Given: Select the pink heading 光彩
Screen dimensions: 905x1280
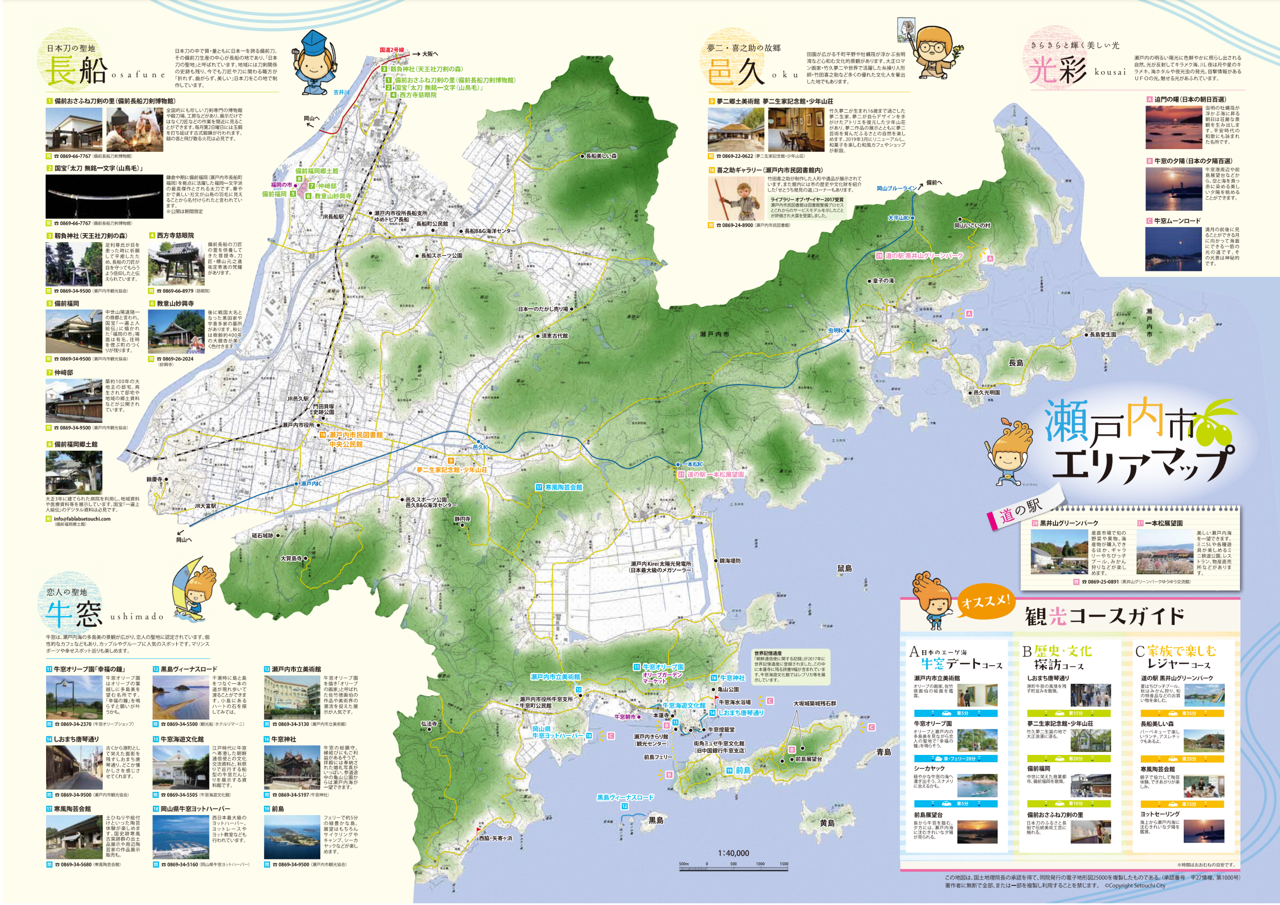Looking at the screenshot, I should [1056, 71].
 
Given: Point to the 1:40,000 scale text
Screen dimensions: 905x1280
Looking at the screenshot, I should [733, 853].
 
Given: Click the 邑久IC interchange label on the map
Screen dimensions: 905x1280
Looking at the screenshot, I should [480, 447].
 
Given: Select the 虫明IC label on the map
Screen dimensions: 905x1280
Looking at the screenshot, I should [836, 330].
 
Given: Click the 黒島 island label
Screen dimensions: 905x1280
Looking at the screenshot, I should [656, 820].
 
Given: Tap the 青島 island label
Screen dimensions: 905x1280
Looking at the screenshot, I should [883, 752].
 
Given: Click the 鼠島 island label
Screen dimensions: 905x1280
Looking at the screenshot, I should [844, 568].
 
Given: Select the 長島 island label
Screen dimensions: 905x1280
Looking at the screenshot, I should [1016, 363].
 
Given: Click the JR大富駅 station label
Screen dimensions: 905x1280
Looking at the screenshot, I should [205, 506].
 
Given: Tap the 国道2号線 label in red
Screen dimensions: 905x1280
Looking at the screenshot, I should [392, 50].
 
